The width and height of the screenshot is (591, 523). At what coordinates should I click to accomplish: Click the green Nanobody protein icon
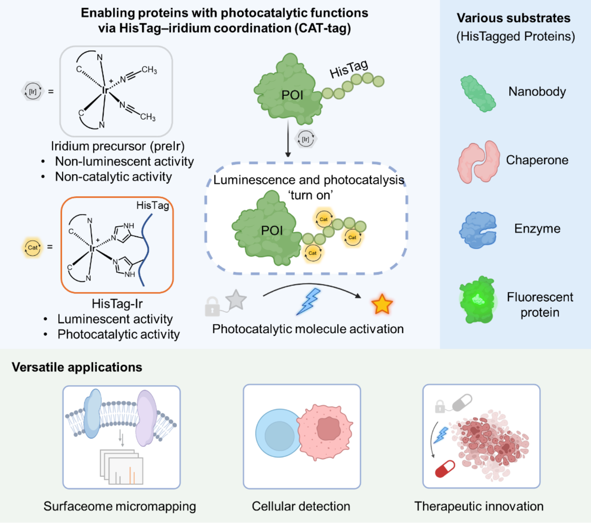[x=478, y=94]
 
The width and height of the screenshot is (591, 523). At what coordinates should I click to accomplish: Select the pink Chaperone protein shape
[x=479, y=162]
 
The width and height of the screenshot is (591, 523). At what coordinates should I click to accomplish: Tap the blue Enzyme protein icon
[x=477, y=230]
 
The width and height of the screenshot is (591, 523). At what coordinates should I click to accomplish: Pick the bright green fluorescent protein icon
[x=477, y=300]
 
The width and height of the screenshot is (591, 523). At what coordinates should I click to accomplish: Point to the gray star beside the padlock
[x=236, y=300]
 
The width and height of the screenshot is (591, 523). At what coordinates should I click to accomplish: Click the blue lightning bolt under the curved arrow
[x=309, y=301]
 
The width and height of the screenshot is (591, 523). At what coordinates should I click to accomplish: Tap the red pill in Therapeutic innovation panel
[x=445, y=469]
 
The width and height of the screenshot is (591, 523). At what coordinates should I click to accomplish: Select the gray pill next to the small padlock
[x=462, y=402]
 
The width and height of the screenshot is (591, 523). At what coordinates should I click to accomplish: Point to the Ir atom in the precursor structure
[x=105, y=90]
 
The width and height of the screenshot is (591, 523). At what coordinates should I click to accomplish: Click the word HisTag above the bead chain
[x=348, y=69]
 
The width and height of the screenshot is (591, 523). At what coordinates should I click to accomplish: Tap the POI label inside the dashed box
[x=272, y=231]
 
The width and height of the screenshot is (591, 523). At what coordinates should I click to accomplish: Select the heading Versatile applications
[x=77, y=367]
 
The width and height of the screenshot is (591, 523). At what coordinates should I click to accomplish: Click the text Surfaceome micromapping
[x=120, y=506]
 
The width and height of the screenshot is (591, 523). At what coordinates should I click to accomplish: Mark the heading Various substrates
[x=513, y=18]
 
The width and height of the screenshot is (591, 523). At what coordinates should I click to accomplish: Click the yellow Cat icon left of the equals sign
[x=33, y=247]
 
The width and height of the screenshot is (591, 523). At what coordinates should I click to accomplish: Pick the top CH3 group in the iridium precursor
[x=149, y=70]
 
